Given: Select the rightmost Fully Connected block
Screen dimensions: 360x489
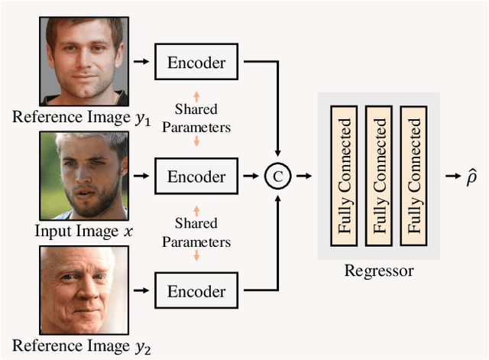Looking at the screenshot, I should click(414, 177).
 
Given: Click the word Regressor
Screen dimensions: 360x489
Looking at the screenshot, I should click(379, 271).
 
